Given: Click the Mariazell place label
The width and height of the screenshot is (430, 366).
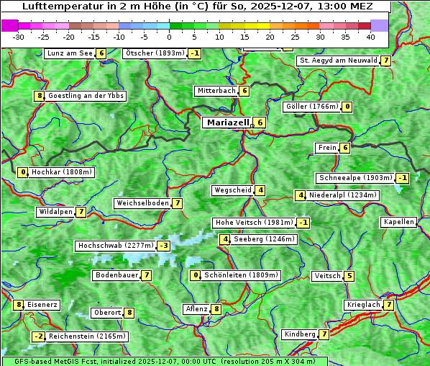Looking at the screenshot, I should click(x=227, y=122).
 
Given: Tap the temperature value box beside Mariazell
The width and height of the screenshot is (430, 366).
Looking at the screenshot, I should click(x=260, y=122).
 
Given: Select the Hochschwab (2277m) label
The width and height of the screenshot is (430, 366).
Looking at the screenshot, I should click(x=115, y=246).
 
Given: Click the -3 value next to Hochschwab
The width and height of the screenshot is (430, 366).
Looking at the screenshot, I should click(x=164, y=246).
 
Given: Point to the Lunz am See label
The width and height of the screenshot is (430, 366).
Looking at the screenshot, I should click(x=69, y=53).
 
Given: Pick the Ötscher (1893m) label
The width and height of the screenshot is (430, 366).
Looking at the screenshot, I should click(x=155, y=53).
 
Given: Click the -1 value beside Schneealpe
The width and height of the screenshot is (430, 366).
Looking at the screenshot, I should click(x=403, y=178).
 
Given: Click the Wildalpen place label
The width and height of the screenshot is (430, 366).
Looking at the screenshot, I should click(x=55, y=212).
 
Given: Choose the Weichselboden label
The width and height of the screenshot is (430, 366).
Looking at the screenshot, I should click(x=142, y=203).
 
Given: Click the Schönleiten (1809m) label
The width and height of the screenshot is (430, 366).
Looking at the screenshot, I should click(x=241, y=275).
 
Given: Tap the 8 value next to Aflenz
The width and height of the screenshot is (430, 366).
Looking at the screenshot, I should click(x=216, y=309).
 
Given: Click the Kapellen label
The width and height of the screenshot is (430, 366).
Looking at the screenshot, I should click(x=398, y=222).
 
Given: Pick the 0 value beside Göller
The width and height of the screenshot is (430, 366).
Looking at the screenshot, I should click(x=347, y=107).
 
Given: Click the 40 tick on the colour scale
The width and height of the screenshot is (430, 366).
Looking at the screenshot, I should click(x=370, y=37).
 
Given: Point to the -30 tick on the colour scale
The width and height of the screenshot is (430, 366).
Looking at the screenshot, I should click(x=19, y=37).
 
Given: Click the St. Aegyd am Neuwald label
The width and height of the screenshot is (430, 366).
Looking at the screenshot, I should click(x=338, y=61).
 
